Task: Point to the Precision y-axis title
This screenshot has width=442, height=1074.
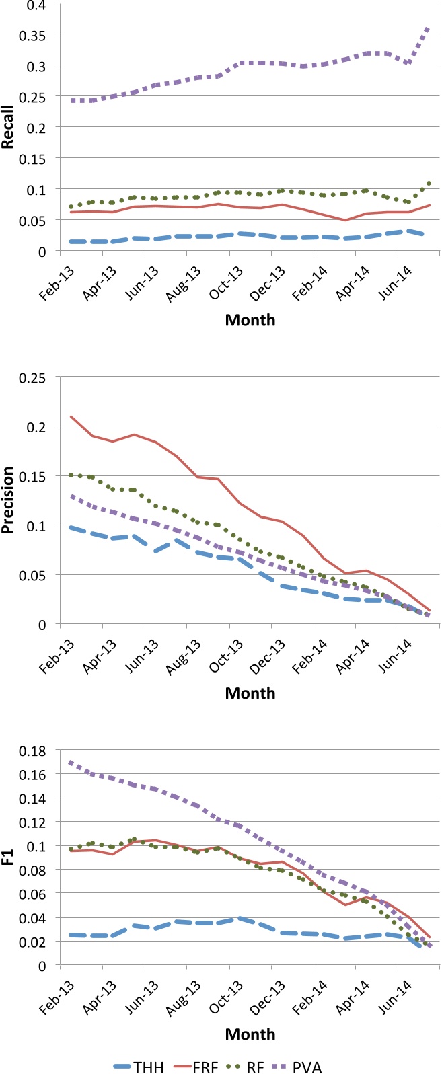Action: pyautogui.click(x=9, y=501)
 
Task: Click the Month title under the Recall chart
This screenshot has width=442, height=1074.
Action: pyautogui.click(x=250, y=320)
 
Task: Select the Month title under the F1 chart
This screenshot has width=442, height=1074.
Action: pyautogui.click(x=250, y=1034)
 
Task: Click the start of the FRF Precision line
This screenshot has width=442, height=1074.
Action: pyautogui.click(x=71, y=416)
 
